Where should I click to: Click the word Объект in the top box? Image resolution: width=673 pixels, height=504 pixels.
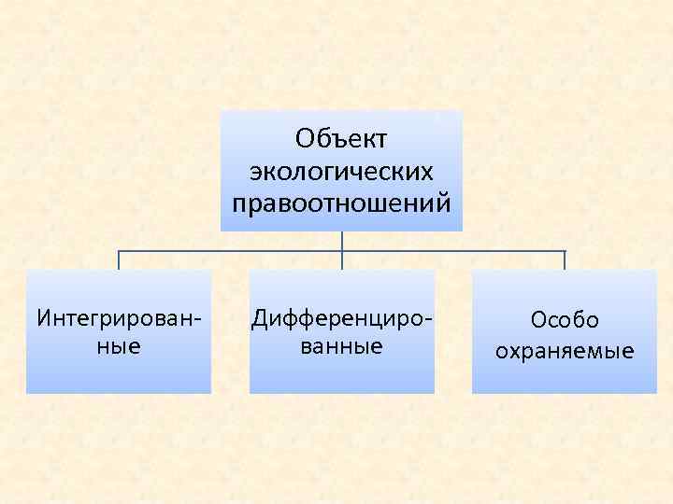[341, 139]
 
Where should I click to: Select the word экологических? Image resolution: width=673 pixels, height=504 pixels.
[341, 171]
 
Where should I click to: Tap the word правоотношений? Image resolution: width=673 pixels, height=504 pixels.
[341, 203]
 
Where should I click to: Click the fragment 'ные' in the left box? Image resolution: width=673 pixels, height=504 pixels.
[119, 346]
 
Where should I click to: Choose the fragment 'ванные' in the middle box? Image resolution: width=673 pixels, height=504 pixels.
[342, 346]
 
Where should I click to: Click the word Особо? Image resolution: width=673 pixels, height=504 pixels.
[565, 320]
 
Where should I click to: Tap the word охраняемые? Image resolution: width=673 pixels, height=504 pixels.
[565, 352]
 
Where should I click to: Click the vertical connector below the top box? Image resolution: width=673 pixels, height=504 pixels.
[342, 241]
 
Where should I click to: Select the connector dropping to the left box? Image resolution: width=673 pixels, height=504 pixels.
[119, 260]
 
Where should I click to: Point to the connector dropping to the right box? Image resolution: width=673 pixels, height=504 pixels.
[565, 260]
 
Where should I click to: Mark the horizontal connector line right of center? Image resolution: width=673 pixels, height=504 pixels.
[453, 251]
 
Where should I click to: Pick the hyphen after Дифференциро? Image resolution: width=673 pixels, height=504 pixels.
[429, 319]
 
